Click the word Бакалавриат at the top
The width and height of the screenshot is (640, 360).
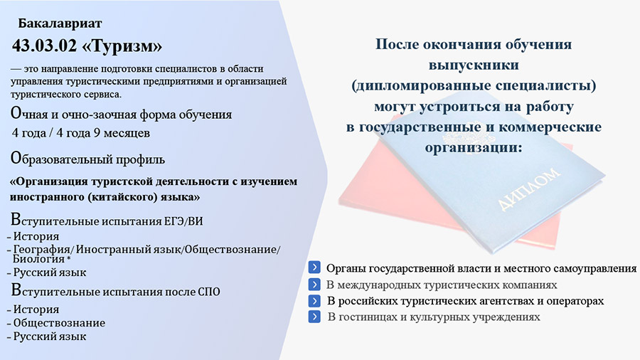point(60,23)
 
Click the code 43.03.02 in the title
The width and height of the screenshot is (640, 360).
point(45,46)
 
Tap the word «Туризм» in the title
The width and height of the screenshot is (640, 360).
point(122,46)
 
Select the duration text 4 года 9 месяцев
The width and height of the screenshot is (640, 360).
point(103,133)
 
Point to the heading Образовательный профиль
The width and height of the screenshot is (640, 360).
point(87,159)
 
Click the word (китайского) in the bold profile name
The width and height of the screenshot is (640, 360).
point(122,197)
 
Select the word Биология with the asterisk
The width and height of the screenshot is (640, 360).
point(42,259)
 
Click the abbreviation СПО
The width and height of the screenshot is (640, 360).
point(208,292)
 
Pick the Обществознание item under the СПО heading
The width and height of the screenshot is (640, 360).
point(59,323)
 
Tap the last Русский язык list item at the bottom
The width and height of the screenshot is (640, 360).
point(49,337)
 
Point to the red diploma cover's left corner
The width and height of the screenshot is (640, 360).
point(338,201)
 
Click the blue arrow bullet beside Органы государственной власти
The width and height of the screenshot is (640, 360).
point(314,268)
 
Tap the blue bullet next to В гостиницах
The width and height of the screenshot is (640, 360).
point(314,317)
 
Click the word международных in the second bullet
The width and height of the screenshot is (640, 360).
point(375,285)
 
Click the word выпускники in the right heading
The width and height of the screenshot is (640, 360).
point(474,65)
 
